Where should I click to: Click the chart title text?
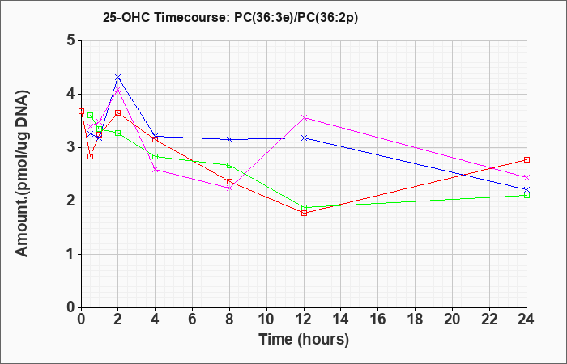click(230, 18)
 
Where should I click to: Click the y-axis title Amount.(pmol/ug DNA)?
click(22, 173)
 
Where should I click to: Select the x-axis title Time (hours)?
click(304, 340)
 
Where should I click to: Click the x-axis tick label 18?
click(415, 320)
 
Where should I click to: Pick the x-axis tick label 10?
click(266, 320)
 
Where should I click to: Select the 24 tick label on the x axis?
click(526, 320)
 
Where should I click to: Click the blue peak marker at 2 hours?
click(118, 78)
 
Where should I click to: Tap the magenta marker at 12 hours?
click(304, 118)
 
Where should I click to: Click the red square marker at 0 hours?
click(81, 112)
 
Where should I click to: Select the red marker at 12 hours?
click(304, 213)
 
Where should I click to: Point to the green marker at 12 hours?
click(304, 208)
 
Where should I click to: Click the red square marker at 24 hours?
click(526, 159)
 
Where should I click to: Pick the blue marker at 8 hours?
click(229, 139)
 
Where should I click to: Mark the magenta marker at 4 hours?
click(156, 169)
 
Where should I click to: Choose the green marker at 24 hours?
click(526, 196)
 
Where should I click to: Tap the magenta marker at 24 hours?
click(526, 177)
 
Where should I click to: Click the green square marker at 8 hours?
click(229, 165)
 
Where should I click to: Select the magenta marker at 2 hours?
click(118, 89)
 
